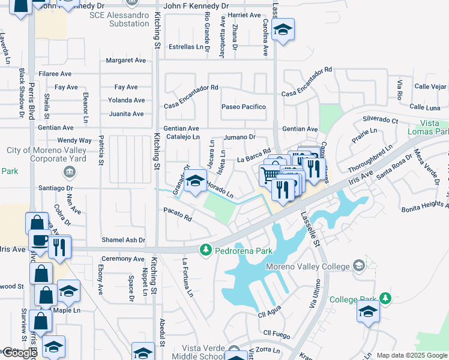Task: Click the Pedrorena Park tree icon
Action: click(206, 248)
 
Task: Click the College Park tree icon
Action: click(385, 298)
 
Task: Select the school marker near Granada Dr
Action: click(195, 181)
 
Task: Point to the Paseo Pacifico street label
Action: click(243, 107)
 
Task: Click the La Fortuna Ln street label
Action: click(188, 277)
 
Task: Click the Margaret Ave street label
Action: click(126, 61)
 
